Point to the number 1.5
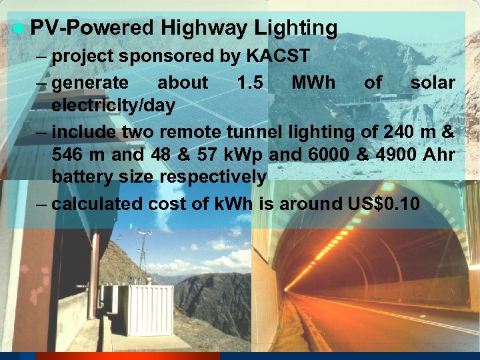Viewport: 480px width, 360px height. point(251,83)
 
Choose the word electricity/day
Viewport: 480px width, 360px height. point(113,105)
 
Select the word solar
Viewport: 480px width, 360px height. point(433,83)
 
